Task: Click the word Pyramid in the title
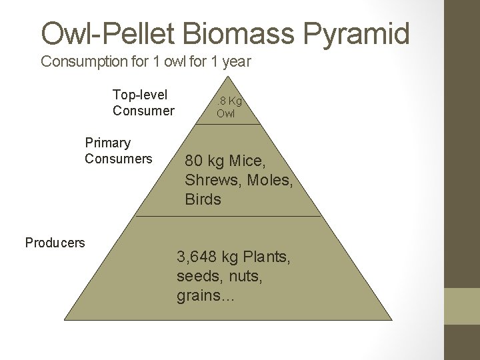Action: (354, 33)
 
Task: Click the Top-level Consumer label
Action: (143, 103)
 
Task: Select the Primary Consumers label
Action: (118, 151)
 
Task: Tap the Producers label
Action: (55, 243)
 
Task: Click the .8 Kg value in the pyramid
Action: (229, 101)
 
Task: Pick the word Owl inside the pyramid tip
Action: (225, 113)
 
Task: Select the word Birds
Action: (203, 199)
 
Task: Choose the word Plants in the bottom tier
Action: (267, 257)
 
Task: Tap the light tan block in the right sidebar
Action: (462, 306)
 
